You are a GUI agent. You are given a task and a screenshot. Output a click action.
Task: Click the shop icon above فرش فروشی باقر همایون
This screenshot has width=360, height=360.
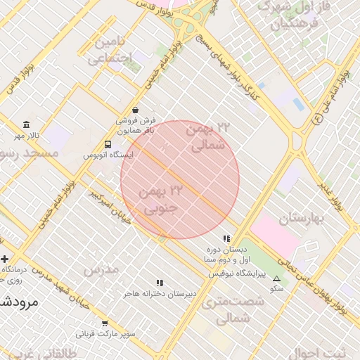(x=135, y=110)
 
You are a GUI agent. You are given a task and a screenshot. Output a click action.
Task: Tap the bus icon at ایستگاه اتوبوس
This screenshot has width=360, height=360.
(x=106, y=144)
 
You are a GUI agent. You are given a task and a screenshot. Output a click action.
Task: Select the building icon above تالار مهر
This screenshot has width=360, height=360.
(x=27, y=124)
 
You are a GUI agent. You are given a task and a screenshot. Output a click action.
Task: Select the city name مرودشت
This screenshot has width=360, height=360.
(x=18, y=302)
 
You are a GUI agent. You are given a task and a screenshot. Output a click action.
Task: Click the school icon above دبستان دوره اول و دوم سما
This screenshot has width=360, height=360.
(x=226, y=238)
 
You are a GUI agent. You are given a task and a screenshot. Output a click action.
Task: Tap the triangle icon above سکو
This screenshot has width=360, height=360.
(x=276, y=278)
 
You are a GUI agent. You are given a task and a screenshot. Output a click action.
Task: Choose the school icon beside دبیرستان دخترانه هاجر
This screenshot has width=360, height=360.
(x=160, y=283)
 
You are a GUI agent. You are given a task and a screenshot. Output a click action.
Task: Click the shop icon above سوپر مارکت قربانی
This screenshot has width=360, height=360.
(x=105, y=323)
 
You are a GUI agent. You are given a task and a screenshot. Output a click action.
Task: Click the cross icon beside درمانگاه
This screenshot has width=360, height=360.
(x=5, y=259)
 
